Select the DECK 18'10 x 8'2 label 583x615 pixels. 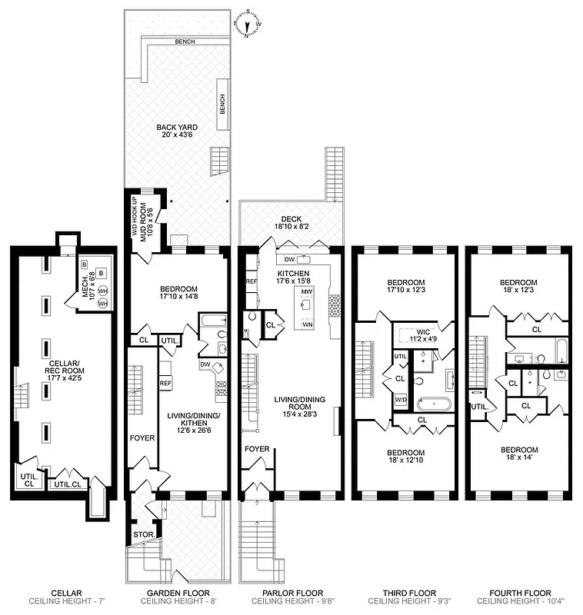pyautogui.click(x=291, y=223)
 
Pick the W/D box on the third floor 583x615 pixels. pyautogui.click(x=401, y=401)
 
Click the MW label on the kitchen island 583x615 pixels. pyautogui.click(x=306, y=292)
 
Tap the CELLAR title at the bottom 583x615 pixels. pyautogui.click(x=61, y=593)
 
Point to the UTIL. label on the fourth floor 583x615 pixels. pyautogui.click(x=480, y=407)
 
